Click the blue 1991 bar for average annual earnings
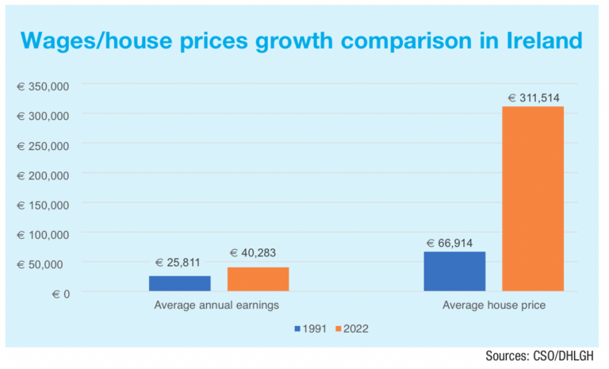[180, 283]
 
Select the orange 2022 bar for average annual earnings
[259, 279]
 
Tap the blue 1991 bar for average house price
[454, 271]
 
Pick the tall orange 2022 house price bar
[533, 198]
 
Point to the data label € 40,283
[259, 253]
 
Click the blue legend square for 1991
[297, 328]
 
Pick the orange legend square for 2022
[337, 328]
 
